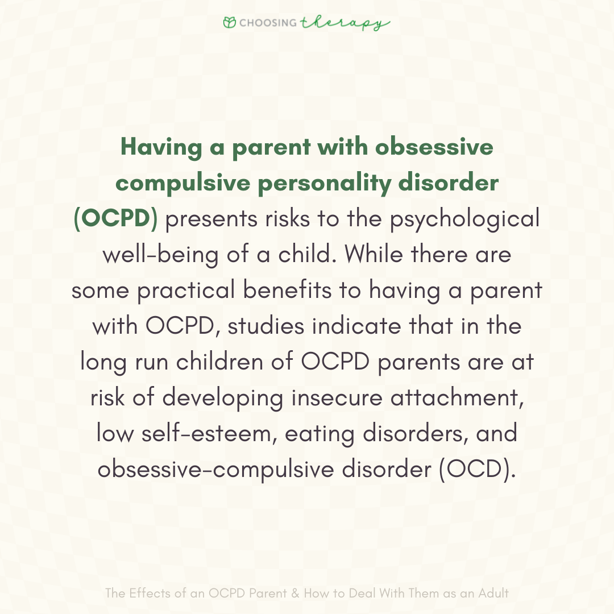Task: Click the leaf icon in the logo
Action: (x=230, y=23)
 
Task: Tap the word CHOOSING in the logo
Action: (x=267, y=23)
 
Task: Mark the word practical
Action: (x=185, y=291)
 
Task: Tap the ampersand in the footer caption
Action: (x=294, y=594)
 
